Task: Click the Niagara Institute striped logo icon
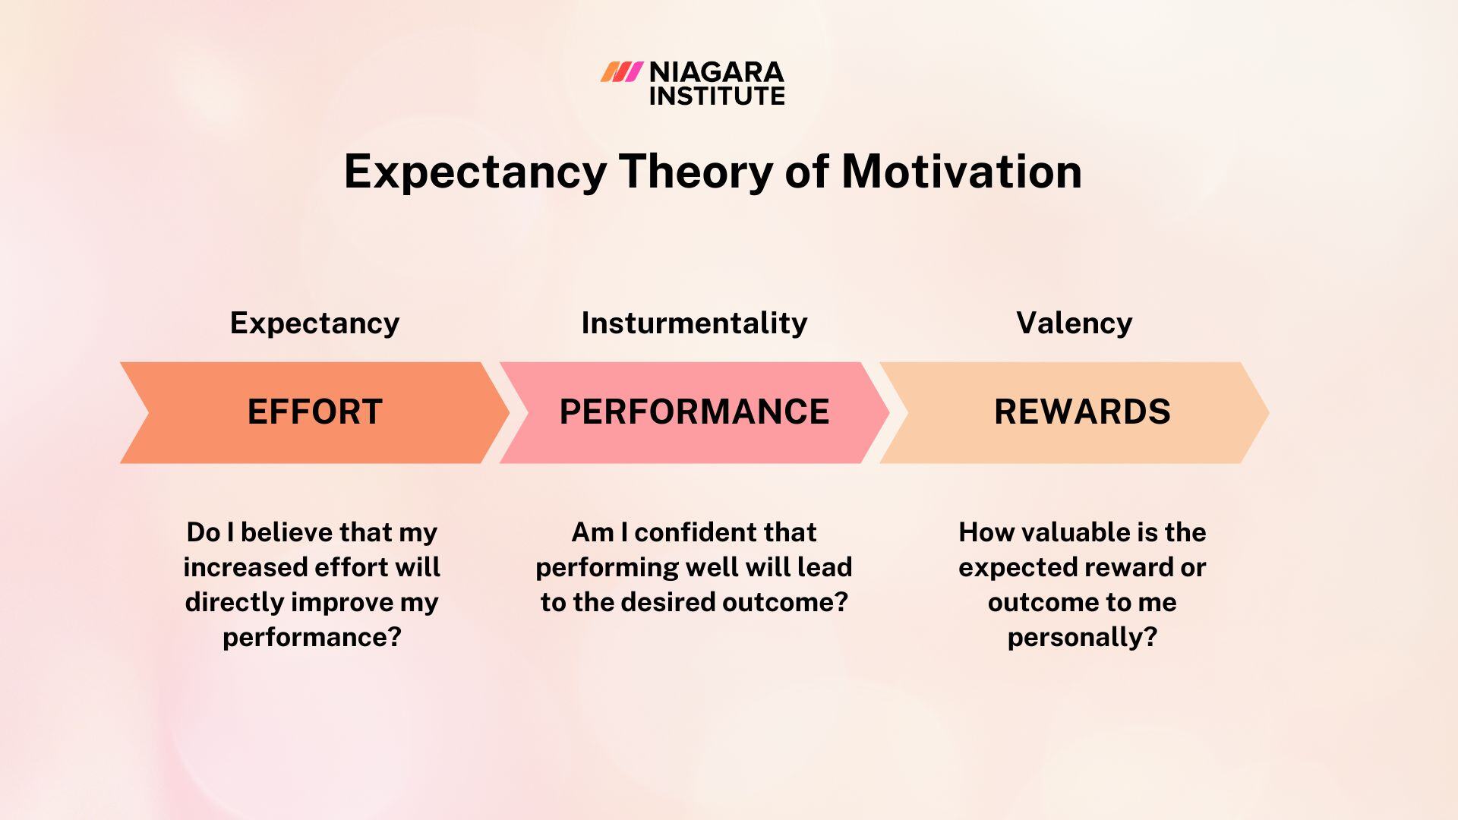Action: (621, 72)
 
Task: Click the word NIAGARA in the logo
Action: (716, 72)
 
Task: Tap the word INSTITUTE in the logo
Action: (716, 96)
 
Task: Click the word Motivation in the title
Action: (961, 171)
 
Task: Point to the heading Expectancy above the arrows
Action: (314, 323)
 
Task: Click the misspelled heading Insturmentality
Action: (694, 323)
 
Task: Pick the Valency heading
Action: (1074, 323)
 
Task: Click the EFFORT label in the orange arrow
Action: (314, 412)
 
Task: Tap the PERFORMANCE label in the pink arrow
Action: (694, 412)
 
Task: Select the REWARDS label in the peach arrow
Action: (1082, 412)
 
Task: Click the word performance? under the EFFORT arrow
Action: (311, 637)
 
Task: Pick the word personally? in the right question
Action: (1082, 637)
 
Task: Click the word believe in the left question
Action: (286, 532)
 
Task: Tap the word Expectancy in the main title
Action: (475, 171)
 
